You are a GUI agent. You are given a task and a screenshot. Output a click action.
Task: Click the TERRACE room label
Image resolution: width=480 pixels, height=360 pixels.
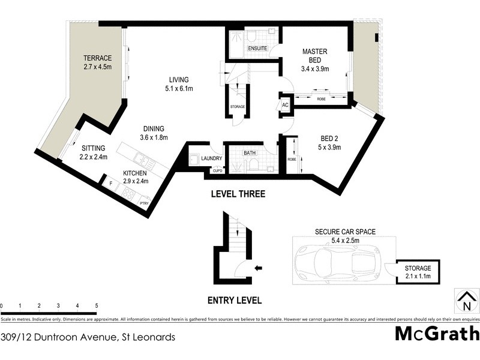click(98, 58)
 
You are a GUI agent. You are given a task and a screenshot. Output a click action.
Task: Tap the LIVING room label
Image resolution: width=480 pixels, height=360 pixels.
click(179, 80)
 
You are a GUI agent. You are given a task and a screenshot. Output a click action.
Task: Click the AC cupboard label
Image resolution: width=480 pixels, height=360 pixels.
click(285, 105)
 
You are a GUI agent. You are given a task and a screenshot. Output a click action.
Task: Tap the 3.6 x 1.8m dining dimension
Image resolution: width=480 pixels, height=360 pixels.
click(154, 137)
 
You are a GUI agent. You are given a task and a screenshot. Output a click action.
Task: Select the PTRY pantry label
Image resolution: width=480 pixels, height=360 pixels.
click(144, 203)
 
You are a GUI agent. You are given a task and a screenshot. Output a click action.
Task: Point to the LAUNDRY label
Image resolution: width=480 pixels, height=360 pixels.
click(212, 158)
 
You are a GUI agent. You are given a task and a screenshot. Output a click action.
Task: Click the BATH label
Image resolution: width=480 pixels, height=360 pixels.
click(250, 153)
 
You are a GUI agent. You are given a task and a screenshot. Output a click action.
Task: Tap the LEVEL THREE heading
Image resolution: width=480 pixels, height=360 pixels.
click(238, 194)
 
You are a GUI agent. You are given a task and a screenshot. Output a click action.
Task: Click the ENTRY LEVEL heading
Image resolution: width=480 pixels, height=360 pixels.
click(234, 301)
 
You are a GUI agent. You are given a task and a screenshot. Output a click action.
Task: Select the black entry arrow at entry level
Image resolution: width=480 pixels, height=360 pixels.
click(258, 268)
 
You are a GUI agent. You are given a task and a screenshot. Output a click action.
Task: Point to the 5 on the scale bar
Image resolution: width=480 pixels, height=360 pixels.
click(97, 306)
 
